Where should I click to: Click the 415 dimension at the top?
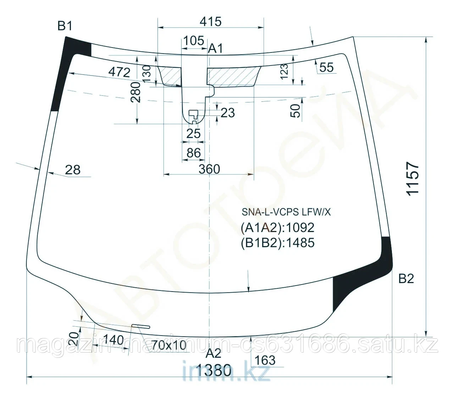pos(210,22)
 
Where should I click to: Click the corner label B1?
pos(65,26)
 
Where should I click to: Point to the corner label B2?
pos(406,279)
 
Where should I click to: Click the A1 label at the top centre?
pos(215,49)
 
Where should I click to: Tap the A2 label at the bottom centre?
pos(214,353)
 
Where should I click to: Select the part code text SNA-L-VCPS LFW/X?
pos(286,212)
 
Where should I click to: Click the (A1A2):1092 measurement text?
pos(277,227)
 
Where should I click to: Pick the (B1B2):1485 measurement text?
pos(277,242)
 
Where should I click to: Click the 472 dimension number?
pos(119,72)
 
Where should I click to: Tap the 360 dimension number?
pos(209,169)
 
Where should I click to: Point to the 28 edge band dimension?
pos(73,170)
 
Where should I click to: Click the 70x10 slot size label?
pos(169,345)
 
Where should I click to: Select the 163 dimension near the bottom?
pos(265,360)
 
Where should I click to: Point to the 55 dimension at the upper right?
pos(326,67)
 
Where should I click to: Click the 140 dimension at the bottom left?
pos(114,340)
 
